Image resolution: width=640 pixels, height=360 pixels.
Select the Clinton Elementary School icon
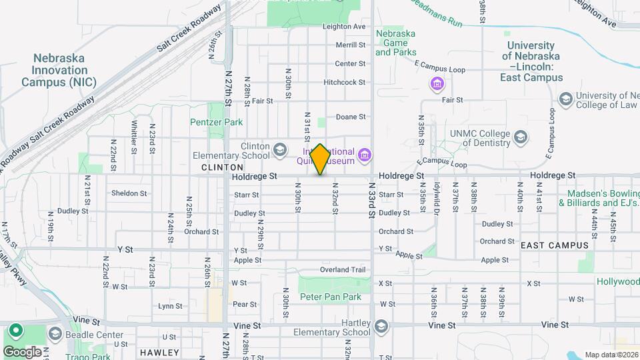coord(279,149)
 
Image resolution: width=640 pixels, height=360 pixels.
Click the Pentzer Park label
coord(216,122)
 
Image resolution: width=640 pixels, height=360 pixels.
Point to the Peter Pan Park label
coord(330,297)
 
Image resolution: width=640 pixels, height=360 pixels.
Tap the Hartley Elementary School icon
coord(381,327)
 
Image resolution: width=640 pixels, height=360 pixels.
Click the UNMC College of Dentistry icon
coord(521,138)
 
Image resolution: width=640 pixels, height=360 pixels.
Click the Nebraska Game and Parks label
coord(395,43)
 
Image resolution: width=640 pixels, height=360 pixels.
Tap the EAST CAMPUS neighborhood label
coord(555,245)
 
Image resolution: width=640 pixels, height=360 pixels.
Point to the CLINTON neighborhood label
coord(222,167)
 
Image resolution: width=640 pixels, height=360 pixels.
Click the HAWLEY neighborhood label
coord(159,352)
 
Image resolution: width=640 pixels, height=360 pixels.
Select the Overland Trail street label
coord(343,269)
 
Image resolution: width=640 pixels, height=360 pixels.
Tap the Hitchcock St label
coord(344,82)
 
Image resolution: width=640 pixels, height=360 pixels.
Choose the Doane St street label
coord(351,117)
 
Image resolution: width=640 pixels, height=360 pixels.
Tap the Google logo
coord(22,351)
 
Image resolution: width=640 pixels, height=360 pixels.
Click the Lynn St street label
coord(170,306)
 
